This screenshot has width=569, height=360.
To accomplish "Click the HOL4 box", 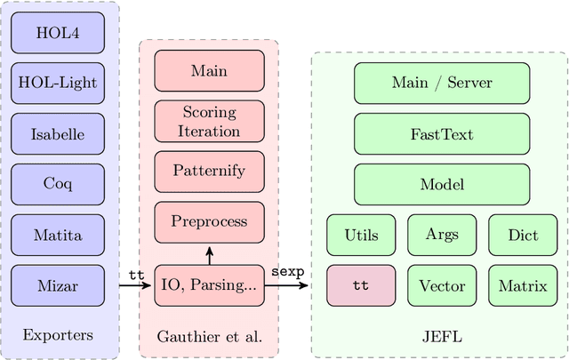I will click(x=58, y=33).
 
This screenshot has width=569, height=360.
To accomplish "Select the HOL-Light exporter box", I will click(x=58, y=84).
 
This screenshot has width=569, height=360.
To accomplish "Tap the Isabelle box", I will click(x=58, y=134).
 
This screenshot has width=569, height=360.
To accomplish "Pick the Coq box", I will click(x=58, y=185).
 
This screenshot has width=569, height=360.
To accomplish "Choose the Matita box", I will click(x=58, y=236).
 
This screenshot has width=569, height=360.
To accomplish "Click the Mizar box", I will click(x=58, y=286).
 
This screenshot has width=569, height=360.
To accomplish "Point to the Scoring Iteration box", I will click(x=210, y=121).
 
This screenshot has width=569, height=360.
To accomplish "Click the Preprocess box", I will click(x=210, y=222).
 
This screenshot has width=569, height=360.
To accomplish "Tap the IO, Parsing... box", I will click(x=210, y=286).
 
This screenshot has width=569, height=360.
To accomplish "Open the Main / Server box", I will click(x=442, y=84).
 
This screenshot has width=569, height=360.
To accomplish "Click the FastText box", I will click(x=442, y=134).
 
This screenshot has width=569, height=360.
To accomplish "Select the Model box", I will click(x=442, y=185).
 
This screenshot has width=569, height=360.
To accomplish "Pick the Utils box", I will click(x=361, y=236).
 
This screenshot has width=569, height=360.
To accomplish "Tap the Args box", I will click(x=442, y=236).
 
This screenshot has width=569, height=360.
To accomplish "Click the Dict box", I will click(x=523, y=236).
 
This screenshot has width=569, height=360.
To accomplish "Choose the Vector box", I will click(x=442, y=286).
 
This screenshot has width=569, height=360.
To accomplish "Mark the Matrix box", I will click(x=523, y=286).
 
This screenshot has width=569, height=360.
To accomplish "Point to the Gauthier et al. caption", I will click(x=209, y=336).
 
